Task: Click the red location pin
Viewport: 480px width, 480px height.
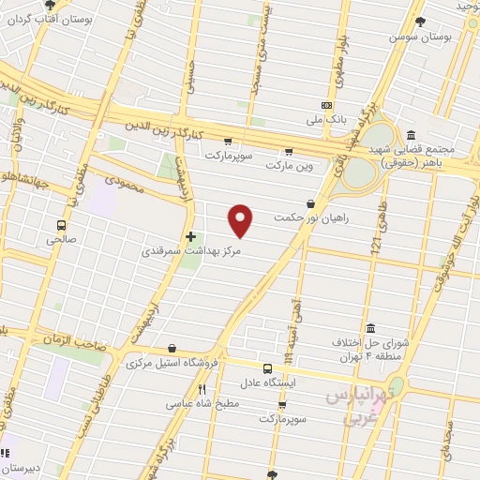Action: tap(242, 219)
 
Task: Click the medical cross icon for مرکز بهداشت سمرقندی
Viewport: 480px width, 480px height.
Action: tap(190, 235)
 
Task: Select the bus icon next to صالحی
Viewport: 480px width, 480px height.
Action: tap(62, 225)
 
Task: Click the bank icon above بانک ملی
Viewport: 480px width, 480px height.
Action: tap(326, 106)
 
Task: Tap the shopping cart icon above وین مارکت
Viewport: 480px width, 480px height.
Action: tap(288, 151)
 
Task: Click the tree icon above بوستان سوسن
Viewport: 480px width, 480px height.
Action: tap(419, 21)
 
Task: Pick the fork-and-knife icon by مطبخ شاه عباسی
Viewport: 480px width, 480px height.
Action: tap(202, 389)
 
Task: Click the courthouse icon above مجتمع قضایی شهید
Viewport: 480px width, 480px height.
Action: tap(412, 134)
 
